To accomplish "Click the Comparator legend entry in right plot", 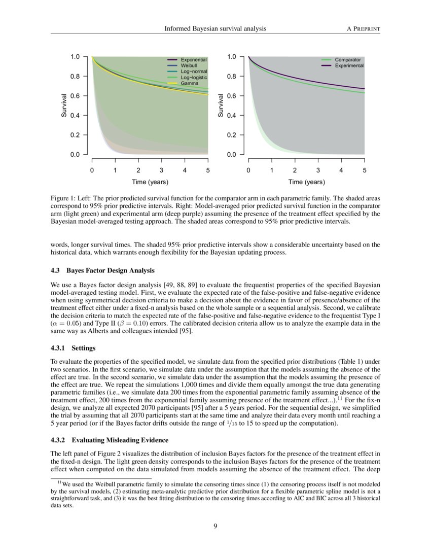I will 347,60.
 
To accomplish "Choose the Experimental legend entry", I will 349,66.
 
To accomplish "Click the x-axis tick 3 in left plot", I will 161,170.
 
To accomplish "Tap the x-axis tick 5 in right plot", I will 365,170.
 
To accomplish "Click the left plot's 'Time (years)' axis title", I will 150,182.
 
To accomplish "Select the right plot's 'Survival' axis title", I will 221,106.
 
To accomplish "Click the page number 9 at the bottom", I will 215,526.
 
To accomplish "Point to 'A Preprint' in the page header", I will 364,28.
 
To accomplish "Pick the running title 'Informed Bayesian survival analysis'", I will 215,28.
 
